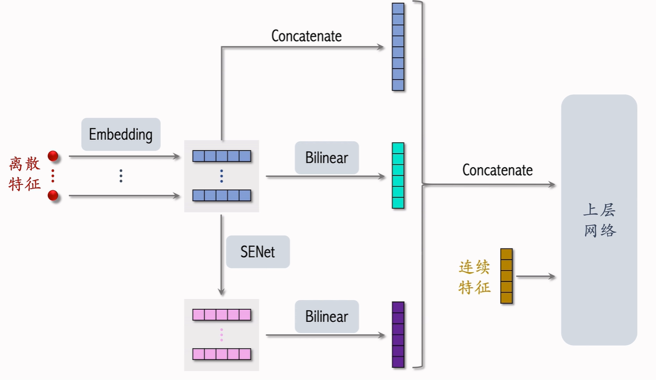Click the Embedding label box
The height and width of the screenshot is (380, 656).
121,134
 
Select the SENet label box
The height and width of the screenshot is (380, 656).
258,252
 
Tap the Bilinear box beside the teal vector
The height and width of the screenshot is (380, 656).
327,157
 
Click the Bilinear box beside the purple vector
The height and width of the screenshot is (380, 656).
327,316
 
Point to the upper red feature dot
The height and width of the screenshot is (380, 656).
53,156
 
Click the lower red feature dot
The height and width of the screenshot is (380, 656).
53,195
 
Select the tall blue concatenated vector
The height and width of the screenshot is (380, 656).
398,47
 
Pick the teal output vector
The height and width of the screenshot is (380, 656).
398,176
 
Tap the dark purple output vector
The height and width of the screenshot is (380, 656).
398,335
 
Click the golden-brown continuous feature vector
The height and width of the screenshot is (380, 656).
506,276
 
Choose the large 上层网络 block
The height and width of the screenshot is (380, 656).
599,220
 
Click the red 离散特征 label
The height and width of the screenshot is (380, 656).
25,174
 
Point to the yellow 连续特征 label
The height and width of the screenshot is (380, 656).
474,277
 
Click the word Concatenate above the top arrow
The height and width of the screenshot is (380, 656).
306,36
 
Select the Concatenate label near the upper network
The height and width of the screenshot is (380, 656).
497,170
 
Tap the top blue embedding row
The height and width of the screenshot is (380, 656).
222,156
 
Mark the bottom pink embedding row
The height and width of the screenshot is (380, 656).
222,354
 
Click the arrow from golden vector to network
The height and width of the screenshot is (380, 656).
535,277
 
